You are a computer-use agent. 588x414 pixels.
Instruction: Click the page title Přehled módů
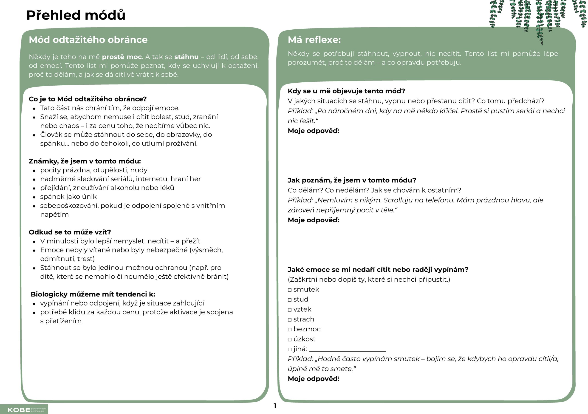[x=76, y=15]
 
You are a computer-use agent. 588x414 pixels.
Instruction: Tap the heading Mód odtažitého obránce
[x=88, y=40]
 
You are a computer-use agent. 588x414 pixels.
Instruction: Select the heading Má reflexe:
[x=314, y=40]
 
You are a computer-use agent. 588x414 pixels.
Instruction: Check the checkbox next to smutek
[x=290, y=290]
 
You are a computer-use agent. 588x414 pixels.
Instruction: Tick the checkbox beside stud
[x=290, y=300]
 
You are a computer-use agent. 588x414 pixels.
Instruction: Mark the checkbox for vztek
[x=290, y=310]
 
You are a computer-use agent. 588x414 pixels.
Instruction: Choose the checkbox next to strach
[x=290, y=320]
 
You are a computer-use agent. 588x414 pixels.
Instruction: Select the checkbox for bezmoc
[x=290, y=330]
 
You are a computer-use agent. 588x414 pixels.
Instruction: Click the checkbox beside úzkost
[x=290, y=340]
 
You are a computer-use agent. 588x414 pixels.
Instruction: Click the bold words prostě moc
[x=122, y=57]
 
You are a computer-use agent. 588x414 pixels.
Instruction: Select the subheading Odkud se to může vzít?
[x=70, y=232]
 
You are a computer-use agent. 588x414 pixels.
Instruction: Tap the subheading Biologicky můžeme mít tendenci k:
[x=93, y=294]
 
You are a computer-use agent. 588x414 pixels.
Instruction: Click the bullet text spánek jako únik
[x=68, y=196]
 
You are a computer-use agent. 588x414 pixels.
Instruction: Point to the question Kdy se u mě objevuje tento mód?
[x=346, y=91]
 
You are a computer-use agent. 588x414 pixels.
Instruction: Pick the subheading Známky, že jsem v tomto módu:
[x=85, y=161]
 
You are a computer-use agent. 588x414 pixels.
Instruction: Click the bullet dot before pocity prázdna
[x=34, y=171]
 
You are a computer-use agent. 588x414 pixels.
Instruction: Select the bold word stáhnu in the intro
[x=186, y=57]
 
